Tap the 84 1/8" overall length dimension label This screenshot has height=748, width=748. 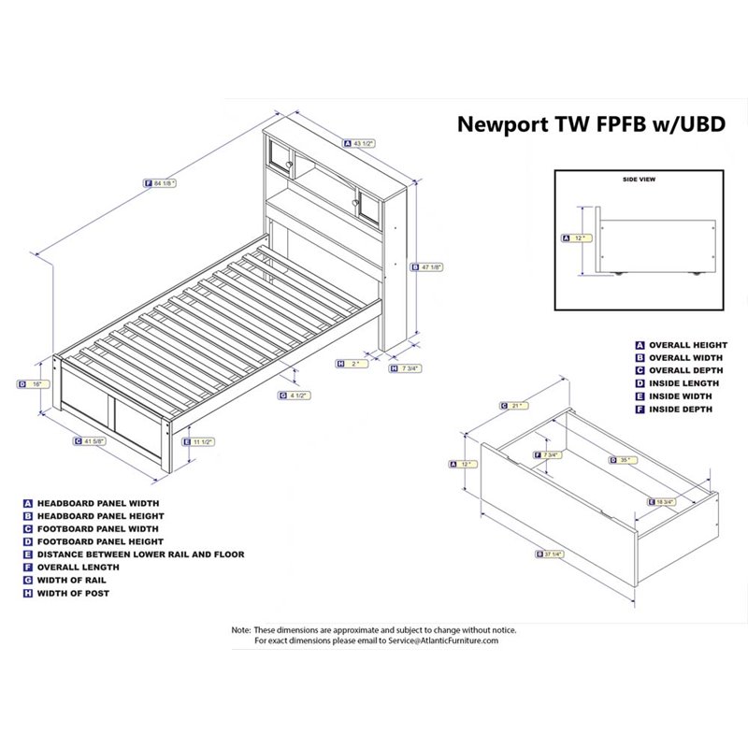(x=165, y=184)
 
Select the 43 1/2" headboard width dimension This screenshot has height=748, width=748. (x=363, y=144)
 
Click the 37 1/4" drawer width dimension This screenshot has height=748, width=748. (x=551, y=554)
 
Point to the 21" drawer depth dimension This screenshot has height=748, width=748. (x=511, y=405)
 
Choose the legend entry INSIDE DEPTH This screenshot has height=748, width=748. (x=685, y=410)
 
